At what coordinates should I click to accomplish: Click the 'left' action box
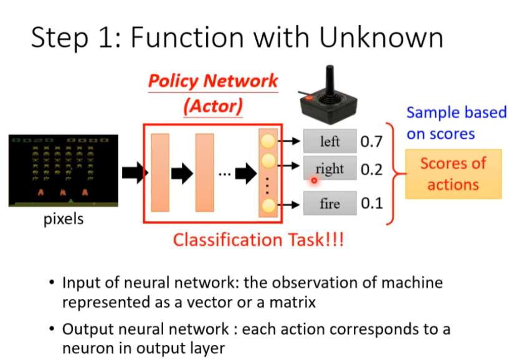coord(330,141)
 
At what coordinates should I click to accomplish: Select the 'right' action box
coord(330,168)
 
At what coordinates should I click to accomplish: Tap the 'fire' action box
coord(330,203)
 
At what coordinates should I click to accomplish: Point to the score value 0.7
coord(371,142)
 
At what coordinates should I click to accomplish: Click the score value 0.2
coord(371,169)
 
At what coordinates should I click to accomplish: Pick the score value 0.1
coord(371,204)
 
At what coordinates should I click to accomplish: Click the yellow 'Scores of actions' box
coord(453,174)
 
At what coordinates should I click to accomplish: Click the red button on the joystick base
coord(307,98)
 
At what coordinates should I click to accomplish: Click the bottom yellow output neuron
coord(268,207)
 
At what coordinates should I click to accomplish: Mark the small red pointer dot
coord(315,181)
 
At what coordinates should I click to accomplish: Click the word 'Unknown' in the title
coord(381,38)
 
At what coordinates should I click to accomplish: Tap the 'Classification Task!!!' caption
coord(258,240)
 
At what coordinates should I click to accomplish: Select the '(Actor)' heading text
coord(212,105)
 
